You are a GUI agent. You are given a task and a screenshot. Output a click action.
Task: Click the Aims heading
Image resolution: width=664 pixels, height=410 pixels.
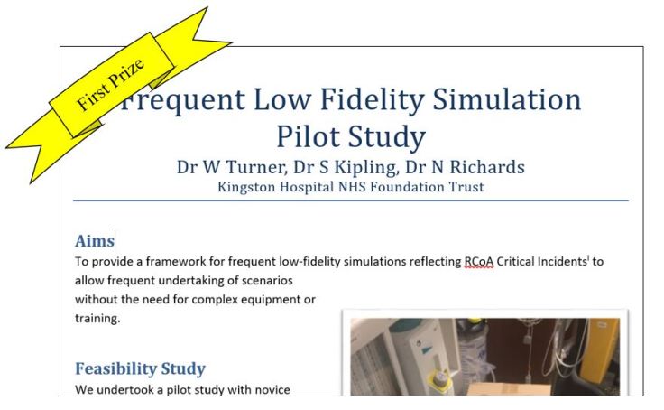tap(94, 241)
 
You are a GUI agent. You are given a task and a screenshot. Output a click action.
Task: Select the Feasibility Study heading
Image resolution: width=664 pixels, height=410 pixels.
tap(140, 368)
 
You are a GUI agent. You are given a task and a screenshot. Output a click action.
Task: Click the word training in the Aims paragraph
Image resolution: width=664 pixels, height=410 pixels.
tap(96, 319)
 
